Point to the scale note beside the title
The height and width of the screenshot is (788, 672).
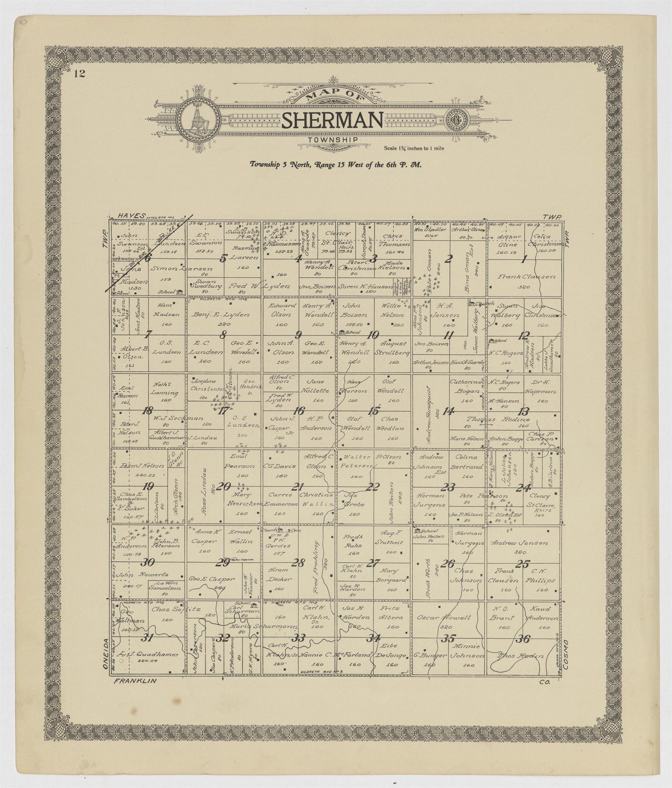pos(414,148)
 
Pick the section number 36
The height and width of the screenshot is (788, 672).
pos(522,639)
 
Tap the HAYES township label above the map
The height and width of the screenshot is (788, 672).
pos(127,216)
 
